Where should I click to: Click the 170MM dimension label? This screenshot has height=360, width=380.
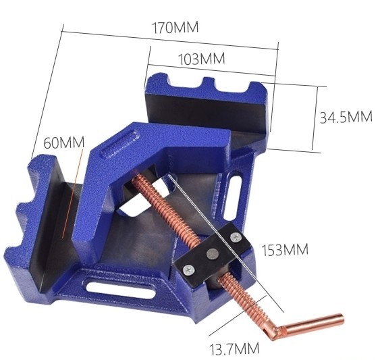tap(175, 27)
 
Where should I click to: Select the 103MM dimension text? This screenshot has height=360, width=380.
tap(202, 59)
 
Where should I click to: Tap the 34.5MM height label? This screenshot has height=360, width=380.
tap(346, 117)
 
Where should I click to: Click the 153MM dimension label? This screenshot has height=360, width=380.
tap(285, 249)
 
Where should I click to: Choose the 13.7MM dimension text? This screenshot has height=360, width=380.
tap(234, 348)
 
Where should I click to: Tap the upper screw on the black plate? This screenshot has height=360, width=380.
tap(236, 237)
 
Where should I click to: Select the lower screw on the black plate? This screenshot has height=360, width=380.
tap(188, 269)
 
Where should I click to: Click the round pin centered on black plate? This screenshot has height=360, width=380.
tap(213, 254)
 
